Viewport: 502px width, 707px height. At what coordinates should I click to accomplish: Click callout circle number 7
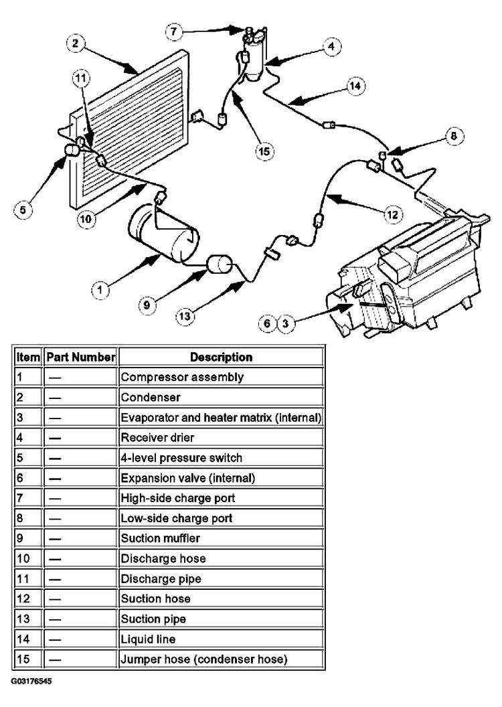(x=174, y=31)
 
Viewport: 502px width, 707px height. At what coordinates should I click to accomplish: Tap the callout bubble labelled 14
(x=355, y=86)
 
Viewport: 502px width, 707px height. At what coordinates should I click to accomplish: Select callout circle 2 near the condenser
(x=75, y=44)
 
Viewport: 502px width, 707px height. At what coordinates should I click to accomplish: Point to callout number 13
(x=185, y=316)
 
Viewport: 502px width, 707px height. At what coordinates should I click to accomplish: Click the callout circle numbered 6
(x=267, y=323)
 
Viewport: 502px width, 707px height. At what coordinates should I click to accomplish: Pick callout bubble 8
(x=454, y=136)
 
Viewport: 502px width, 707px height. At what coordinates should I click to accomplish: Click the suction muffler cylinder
(x=219, y=264)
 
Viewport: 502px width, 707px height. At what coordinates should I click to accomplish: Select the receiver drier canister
(x=254, y=56)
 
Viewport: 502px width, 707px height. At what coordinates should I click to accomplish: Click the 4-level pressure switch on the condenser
(x=72, y=150)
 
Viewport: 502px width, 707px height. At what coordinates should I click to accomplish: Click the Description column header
(x=222, y=357)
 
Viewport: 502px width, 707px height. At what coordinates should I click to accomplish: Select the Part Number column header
(x=81, y=357)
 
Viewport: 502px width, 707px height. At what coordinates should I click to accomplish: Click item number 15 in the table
(x=23, y=659)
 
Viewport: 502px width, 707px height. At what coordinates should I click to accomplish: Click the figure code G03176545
(x=31, y=680)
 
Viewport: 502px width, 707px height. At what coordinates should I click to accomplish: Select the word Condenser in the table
(x=151, y=397)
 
